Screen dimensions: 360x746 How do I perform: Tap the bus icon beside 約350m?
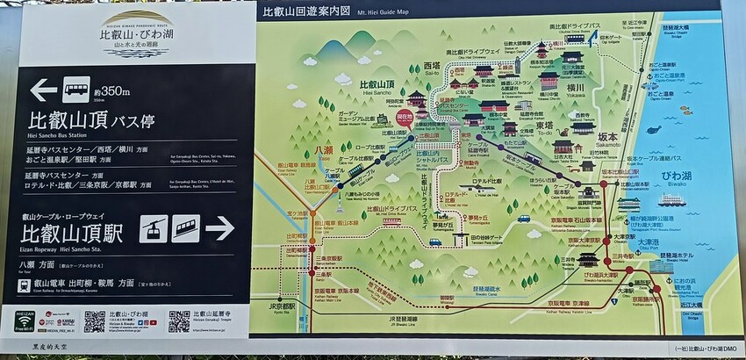(74, 89)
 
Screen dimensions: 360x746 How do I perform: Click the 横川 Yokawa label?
(576, 89)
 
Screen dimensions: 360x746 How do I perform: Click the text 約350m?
(111, 90)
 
